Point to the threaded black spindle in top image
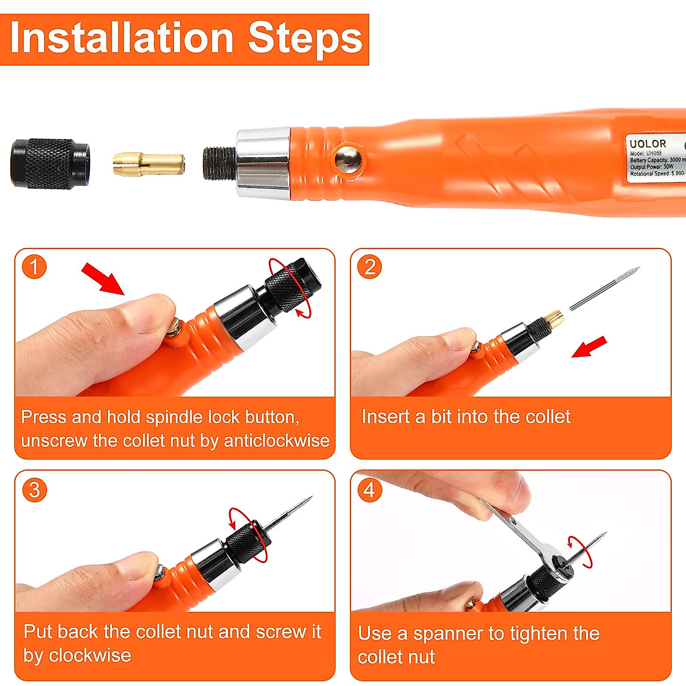pyautogui.click(x=220, y=163)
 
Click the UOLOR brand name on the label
pyautogui.click(x=648, y=144)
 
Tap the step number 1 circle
pyautogui.click(x=34, y=267)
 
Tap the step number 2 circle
pyautogui.click(x=370, y=267)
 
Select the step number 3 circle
pyautogui.click(x=34, y=490)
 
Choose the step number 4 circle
pyautogui.click(x=370, y=490)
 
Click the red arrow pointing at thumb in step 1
pyautogui.click(x=103, y=278)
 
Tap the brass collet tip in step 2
pyautogui.click(x=553, y=318)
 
